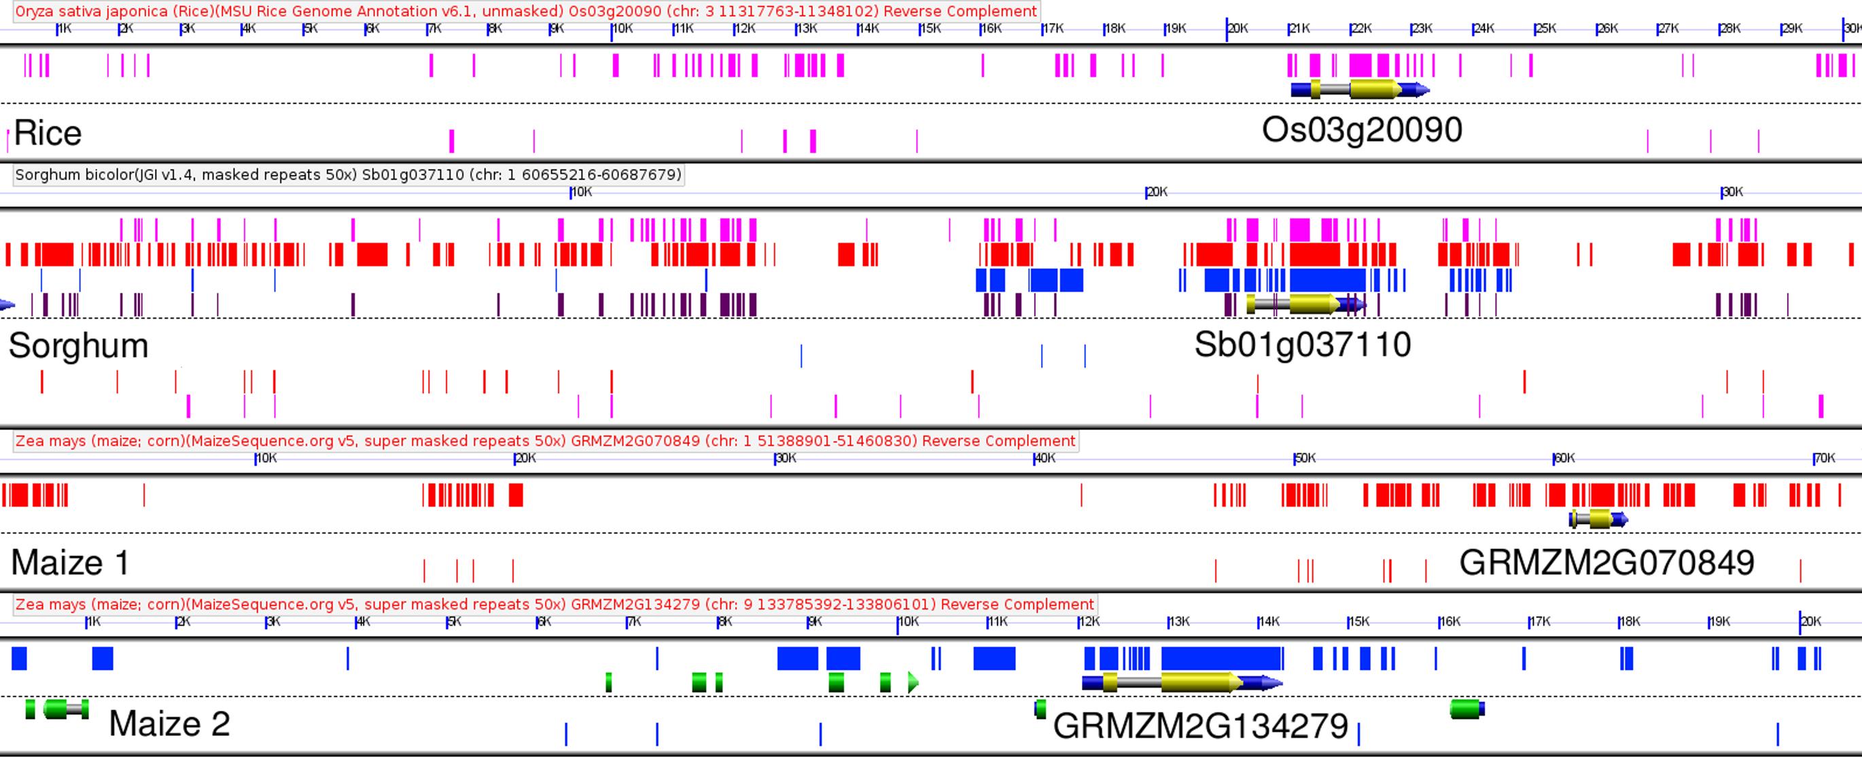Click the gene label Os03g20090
tap(1362, 131)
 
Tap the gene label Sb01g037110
tap(1302, 345)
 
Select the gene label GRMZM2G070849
tap(1606, 563)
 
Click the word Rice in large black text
tap(48, 134)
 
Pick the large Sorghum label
tap(78, 346)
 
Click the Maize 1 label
tap(70, 563)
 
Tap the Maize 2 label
tap(169, 724)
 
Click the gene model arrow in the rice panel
tap(1360, 90)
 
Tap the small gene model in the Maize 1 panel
tap(1598, 518)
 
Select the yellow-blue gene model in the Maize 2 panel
tap(1182, 682)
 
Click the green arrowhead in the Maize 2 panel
tap(913, 682)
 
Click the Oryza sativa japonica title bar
tap(525, 12)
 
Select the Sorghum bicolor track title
tap(348, 175)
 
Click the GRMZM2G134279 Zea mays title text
tap(555, 604)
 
